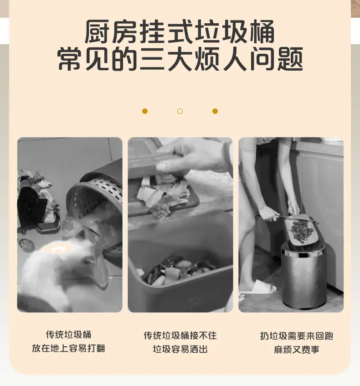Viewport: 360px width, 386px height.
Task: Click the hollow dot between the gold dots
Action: coord(180,111)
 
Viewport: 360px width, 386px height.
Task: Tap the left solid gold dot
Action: coord(145,111)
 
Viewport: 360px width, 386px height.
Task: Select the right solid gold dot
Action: coord(215,111)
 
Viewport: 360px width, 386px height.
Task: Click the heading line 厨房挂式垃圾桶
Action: coord(180,32)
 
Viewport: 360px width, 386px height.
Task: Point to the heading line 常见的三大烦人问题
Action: coord(180,59)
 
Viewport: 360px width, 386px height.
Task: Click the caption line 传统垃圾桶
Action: coord(68,335)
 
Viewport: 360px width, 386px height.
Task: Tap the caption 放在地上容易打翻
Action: coord(68,348)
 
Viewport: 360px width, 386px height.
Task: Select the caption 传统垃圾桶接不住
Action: coord(180,335)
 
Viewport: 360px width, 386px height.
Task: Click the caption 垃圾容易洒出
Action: coord(180,349)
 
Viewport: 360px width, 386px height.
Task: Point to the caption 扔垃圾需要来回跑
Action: coord(297,336)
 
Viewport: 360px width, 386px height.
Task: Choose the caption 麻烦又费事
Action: coord(297,350)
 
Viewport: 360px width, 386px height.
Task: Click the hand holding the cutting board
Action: coord(192,158)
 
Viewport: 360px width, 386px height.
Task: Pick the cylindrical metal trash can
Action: coord(304,274)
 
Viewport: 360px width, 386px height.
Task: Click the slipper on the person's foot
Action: coord(258,287)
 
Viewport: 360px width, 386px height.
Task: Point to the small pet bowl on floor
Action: coord(26,244)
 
